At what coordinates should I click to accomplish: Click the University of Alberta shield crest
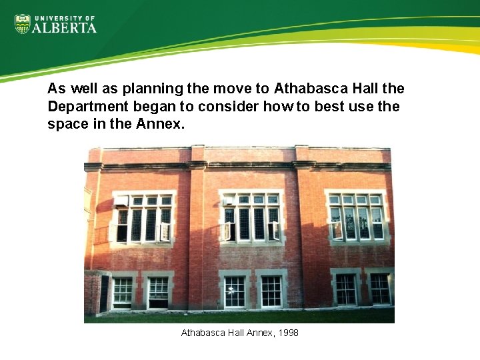[x=22, y=25]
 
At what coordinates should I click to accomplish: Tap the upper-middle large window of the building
[x=251, y=217]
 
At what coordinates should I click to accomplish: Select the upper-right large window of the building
[x=356, y=216]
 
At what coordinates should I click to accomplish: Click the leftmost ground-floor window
[x=123, y=291]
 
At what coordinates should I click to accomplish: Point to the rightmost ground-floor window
[x=379, y=289]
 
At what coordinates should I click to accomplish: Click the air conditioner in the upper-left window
[x=121, y=201]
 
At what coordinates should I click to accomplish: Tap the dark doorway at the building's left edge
[x=103, y=293]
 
